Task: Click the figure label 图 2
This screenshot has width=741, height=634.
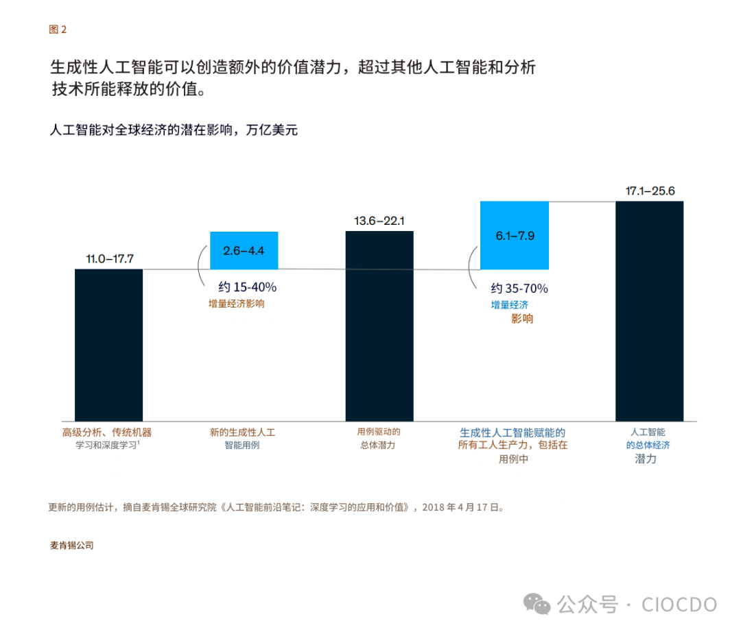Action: point(58,29)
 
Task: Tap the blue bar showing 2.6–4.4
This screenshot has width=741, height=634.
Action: point(244,250)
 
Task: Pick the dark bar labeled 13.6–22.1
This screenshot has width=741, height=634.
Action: point(379,326)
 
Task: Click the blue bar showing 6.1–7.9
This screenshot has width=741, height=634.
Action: point(515,235)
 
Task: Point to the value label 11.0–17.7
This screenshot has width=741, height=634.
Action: point(109,258)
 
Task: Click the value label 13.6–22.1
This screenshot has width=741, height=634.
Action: point(379,221)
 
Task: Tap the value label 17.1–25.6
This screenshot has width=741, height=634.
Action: point(650,191)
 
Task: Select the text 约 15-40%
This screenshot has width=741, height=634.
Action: point(247,287)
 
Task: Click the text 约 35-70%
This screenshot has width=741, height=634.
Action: point(519,289)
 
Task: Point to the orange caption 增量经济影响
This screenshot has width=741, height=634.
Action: point(237,304)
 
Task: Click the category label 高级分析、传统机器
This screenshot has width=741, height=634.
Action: point(107,432)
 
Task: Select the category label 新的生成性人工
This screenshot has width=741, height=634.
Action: point(242,432)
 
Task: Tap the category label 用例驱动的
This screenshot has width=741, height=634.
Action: point(378,432)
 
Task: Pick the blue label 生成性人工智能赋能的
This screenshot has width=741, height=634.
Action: point(513,432)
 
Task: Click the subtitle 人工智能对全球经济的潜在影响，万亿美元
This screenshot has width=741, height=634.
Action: point(174,130)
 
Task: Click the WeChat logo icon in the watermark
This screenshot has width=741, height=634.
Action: point(537,604)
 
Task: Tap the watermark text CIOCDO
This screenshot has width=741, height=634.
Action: point(679,604)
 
